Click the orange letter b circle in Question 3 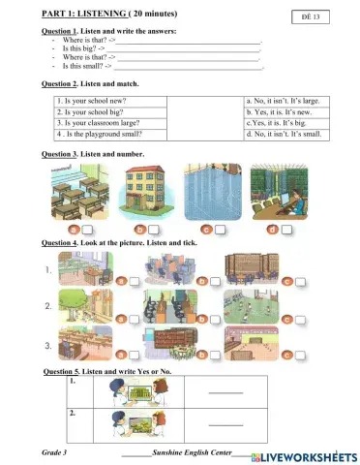coord(140,230)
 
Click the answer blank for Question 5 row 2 coord(225,425)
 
